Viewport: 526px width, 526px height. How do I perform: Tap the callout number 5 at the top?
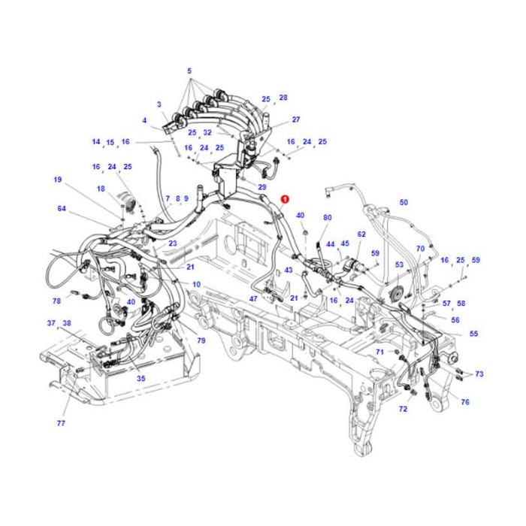(x=189, y=71)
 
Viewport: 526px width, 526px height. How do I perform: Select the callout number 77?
(x=61, y=424)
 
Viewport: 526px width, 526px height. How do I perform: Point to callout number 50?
(x=404, y=203)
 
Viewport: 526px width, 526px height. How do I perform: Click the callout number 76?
(x=465, y=403)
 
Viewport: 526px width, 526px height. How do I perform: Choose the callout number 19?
(x=57, y=180)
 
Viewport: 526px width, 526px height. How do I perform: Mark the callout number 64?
(x=62, y=209)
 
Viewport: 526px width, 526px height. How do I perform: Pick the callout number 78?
(x=56, y=301)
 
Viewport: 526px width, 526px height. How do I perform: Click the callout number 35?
(x=141, y=379)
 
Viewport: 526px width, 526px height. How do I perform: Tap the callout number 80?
(x=327, y=218)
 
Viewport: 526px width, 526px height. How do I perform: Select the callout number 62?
(x=361, y=234)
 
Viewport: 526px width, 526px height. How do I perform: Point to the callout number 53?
(x=399, y=265)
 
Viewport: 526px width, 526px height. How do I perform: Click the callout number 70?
(x=420, y=248)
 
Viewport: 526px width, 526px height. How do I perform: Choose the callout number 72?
(x=403, y=409)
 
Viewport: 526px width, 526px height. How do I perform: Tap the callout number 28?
(x=283, y=98)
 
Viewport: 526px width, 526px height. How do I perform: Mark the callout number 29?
(x=262, y=187)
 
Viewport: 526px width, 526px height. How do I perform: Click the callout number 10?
(x=196, y=284)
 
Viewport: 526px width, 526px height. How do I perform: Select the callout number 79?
(x=201, y=341)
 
